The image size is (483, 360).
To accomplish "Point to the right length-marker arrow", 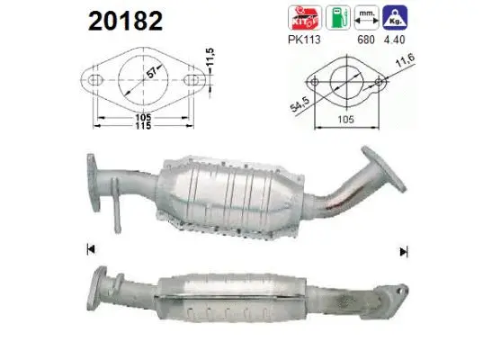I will (x=404, y=250).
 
